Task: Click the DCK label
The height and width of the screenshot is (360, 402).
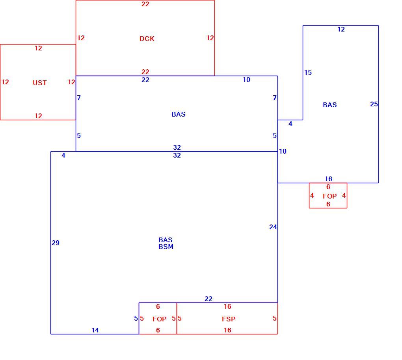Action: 147,39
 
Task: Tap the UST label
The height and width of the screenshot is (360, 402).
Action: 40,83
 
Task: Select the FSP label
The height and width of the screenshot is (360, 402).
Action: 229,319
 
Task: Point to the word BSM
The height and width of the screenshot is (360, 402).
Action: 166,247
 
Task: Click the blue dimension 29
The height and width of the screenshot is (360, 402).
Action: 56,243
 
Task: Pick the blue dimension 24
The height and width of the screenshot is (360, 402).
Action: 273,227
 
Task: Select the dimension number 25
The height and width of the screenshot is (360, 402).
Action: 374,104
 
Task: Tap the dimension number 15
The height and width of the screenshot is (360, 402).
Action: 308,73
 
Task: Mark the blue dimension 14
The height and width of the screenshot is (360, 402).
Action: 95,330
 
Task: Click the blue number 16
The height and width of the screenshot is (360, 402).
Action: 328,179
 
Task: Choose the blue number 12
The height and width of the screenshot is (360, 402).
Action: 341,30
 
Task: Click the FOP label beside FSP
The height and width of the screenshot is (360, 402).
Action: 160,319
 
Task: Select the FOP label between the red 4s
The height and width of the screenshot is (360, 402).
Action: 330,196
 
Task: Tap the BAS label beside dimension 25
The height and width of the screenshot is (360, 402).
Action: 330,105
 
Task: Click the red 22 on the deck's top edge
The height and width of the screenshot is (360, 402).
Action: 145,4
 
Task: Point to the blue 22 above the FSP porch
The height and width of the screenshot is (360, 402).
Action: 208,299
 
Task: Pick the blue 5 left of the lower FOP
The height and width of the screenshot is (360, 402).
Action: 136,319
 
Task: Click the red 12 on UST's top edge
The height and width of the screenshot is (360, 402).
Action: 39,48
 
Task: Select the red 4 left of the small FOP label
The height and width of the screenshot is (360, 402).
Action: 312,196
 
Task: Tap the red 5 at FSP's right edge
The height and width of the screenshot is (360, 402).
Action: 275,319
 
